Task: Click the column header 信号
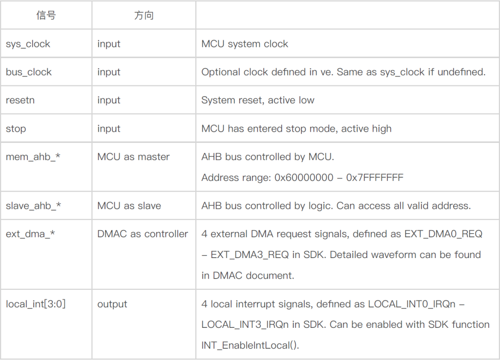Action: (46, 15)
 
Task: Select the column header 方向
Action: (144, 15)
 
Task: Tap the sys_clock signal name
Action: (28, 44)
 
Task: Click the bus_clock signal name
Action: (29, 72)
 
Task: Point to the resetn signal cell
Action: (20, 100)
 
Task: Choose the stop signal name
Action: (16, 129)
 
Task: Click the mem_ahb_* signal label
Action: (33, 157)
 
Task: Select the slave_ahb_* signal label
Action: (33, 206)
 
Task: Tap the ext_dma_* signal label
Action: (30, 234)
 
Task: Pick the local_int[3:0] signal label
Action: (36, 304)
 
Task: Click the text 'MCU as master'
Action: (133, 157)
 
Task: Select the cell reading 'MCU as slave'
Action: (129, 206)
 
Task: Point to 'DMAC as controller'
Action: (143, 234)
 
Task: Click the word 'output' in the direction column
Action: (112, 304)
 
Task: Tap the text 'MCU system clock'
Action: (245, 44)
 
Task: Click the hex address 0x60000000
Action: (304, 178)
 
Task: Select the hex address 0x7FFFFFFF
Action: (375, 178)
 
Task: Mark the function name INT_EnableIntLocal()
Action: (250, 345)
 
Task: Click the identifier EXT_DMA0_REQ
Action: (443, 234)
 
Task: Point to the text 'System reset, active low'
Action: (258, 100)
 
